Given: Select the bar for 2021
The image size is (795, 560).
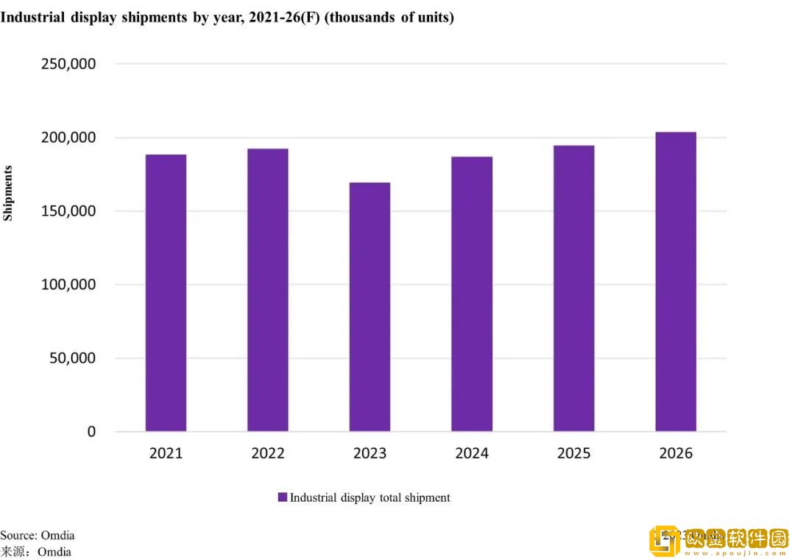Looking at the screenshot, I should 166,293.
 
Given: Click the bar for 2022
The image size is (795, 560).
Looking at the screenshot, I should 268,290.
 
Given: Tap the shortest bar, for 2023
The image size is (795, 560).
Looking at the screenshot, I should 370,307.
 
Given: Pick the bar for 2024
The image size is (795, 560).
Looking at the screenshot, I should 472,294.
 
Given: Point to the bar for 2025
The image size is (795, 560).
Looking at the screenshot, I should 574,288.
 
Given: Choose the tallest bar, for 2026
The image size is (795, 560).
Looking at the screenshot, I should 676,282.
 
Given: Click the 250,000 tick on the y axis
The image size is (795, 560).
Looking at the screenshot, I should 68,64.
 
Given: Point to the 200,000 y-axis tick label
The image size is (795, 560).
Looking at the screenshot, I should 68,138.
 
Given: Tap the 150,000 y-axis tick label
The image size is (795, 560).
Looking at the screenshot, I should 68,211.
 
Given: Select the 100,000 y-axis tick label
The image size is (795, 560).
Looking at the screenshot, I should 68,285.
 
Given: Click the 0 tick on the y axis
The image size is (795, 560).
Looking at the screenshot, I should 91,432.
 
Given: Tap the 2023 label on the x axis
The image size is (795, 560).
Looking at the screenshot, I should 370,453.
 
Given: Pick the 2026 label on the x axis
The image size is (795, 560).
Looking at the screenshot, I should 676,453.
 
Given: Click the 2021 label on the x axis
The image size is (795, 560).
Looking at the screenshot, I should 166,453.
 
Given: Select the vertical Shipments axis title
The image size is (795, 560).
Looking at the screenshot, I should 8,193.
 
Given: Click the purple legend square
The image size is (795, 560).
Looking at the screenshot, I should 282,497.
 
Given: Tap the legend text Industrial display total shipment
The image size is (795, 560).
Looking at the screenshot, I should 370,497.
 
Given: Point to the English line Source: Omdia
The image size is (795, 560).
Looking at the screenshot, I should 38,535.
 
